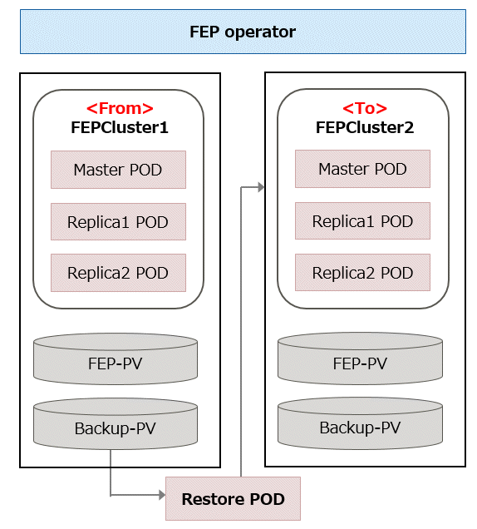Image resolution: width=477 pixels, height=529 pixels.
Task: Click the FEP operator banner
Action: (x=243, y=32)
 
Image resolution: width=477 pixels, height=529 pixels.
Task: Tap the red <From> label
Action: (x=120, y=109)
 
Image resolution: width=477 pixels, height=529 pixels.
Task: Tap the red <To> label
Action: (x=365, y=109)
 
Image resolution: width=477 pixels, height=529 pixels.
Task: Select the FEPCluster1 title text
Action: (x=120, y=127)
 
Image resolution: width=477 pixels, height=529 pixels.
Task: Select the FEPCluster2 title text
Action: (x=365, y=127)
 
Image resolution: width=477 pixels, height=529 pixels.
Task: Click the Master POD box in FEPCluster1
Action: (x=118, y=170)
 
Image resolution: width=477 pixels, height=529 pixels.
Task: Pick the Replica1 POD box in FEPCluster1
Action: (x=118, y=221)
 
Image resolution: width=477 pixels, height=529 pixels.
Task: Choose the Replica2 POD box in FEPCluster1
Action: (x=118, y=273)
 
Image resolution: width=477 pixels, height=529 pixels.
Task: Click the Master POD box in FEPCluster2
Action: (x=362, y=169)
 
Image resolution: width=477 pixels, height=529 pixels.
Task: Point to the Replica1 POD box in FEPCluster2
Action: (x=362, y=221)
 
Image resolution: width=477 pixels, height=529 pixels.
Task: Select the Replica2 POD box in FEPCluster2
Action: (x=362, y=272)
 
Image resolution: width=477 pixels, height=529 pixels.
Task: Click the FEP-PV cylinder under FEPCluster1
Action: (x=116, y=359)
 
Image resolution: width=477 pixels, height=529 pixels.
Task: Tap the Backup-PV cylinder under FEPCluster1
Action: (x=116, y=423)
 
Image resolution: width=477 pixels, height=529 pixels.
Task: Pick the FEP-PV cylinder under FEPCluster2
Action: (x=361, y=358)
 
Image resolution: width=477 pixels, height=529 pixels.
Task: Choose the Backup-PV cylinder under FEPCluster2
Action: (x=361, y=423)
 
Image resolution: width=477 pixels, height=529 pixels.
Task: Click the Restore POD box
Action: (x=233, y=498)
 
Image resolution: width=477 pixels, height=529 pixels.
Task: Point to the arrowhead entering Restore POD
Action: (x=162, y=495)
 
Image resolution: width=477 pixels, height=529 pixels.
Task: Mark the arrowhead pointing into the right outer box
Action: (x=261, y=187)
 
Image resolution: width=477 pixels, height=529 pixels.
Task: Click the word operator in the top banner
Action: (x=260, y=32)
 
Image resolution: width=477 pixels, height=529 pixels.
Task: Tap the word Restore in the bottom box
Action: (x=209, y=499)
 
